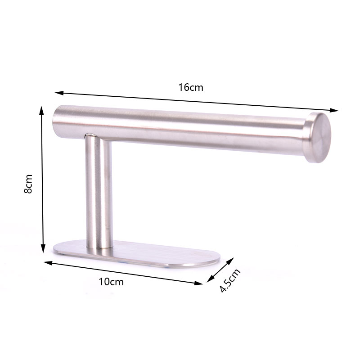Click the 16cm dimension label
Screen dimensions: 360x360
click(x=191, y=87)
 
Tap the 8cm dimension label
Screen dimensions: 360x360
click(x=28, y=184)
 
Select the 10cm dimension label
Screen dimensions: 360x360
click(x=111, y=282)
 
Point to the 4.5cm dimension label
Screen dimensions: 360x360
click(x=230, y=280)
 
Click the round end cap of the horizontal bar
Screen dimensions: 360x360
click(x=318, y=138)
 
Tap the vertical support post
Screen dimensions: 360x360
click(x=99, y=192)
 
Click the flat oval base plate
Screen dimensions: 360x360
click(x=136, y=254)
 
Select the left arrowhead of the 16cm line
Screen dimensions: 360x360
click(x=59, y=93)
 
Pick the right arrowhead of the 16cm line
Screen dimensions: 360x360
click(x=334, y=110)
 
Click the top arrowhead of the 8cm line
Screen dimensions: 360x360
click(x=41, y=110)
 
